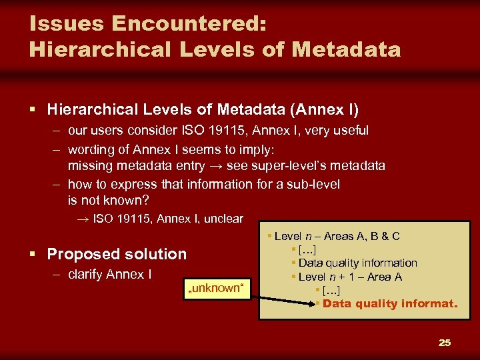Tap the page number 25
click(x=445, y=343)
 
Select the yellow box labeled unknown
click(x=216, y=287)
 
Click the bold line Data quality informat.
click(x=390, y=304)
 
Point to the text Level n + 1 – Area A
click(x=350, y=277)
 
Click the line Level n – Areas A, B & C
click(x=337, y=236)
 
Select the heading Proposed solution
click(x=117, y=254)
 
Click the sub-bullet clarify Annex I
click(x=110, y=275)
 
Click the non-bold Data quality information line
click(x=358, y=263)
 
